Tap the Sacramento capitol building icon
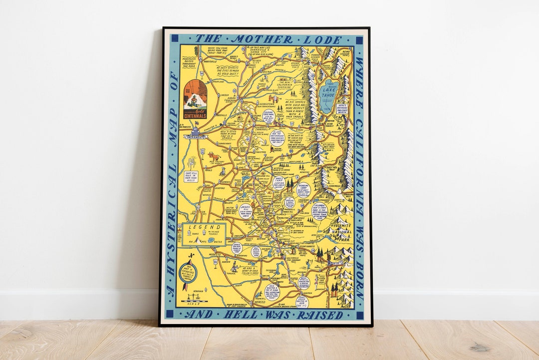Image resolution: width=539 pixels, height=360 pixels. click(195, 133)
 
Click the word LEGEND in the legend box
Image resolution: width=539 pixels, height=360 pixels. click(197, 228)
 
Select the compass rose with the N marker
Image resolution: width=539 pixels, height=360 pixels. click(190, 272)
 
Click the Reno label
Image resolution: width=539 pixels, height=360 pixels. click(346, 51)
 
